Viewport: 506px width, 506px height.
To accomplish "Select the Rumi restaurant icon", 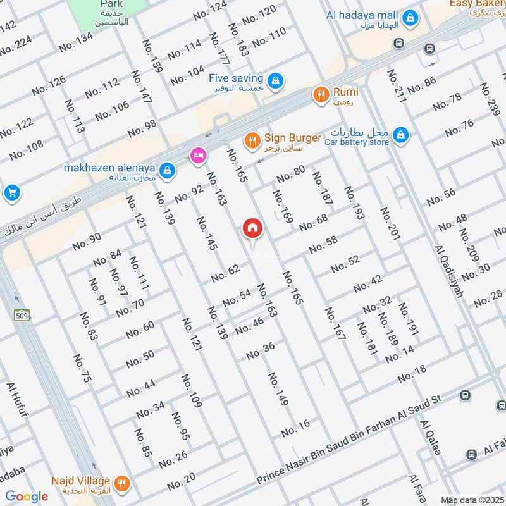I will click(321, 95).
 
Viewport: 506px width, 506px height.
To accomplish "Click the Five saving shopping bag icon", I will click(275, 81).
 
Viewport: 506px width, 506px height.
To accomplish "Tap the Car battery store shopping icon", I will click(400, 135).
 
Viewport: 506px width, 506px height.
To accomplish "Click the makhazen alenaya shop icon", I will click(167, 170).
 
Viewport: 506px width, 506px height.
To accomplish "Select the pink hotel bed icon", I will click(197, 156).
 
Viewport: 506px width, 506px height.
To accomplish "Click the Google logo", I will click(27, 497).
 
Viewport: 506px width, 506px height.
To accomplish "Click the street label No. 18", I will click(412, 374).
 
